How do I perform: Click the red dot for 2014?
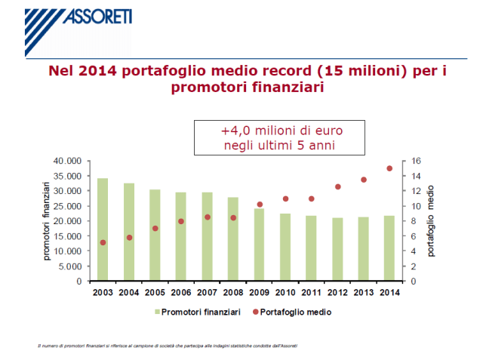click(x=389, y=168)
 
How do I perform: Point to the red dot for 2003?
click(x=103, y=242)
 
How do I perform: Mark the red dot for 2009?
click(x=259, y=205)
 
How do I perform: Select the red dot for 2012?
click(x=337, y=186)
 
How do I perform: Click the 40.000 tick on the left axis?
click(x=67, y=161)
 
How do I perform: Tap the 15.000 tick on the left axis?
click(x=67, y=236)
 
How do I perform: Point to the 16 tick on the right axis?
click(x=415, y=161)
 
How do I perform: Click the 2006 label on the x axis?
click(x=180, y=292)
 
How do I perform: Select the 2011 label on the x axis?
click(x=311, y=292)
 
